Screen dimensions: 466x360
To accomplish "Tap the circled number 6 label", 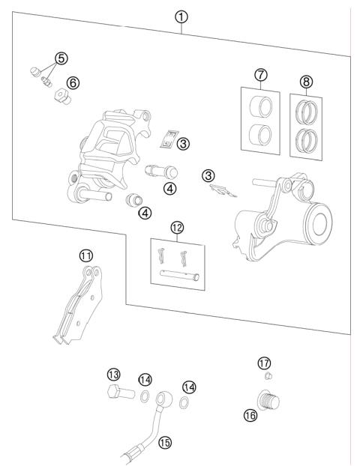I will tap(73, 82).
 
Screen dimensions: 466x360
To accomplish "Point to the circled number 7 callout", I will tap(260, 75).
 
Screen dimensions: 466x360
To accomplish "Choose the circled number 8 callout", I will tap(306, 80).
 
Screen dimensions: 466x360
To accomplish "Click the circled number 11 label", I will tap(87, 255).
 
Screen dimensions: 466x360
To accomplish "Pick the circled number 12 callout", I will tap(177, 226).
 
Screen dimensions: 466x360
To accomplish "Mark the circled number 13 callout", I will tap(114, 374).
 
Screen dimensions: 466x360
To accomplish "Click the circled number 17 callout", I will tap(263, 363).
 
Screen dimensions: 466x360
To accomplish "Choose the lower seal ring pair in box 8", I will tap(307, 140).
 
